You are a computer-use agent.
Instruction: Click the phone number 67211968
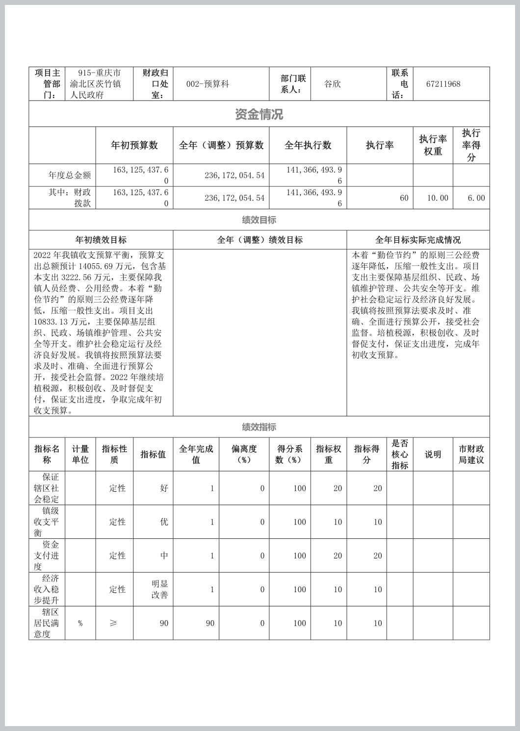pyautogui.click(x=443, y=84)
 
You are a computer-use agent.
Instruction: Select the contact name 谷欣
pyautogui.click(x=332, y=84)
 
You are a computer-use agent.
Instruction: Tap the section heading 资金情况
pyautogui.click(x=259, y=114)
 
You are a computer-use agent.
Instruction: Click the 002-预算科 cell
pyautogui.click(x=208, y=84)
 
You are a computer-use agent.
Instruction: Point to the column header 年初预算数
pyautogui.click(x=134, y=145)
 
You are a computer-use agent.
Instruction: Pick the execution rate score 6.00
pyautogui.click(x=476, y=198)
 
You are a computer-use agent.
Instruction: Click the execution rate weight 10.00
pyautogui.click(x=438, y=198)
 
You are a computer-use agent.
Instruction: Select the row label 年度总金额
pyautogui.click(x=70, y=175)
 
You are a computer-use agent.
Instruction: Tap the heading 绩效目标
pyautogui.click(x=259, y=220)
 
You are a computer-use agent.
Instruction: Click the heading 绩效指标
pyautogui.click(x=259, y=427)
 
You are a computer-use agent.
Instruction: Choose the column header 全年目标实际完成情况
pyautogui.click(x=418, y=240)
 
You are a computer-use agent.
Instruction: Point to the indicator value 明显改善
pyautogui.click(x=160, y=589)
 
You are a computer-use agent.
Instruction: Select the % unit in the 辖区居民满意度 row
pyautogui.click(x=80, y=623)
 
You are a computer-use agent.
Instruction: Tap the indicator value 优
pyautogui.click(x=164, y=522)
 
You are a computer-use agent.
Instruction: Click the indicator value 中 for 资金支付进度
pyautogui.click(x=164, y=555)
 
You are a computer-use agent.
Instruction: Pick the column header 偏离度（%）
pyautogui.click(x=244, y=454)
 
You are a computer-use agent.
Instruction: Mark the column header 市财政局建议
pyautogui.click(x=471, y=454)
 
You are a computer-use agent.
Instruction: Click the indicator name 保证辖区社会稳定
pyautogui.click(x=47, y=488)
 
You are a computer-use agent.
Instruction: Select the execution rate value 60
pyautogui.click(x=404, y=198)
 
